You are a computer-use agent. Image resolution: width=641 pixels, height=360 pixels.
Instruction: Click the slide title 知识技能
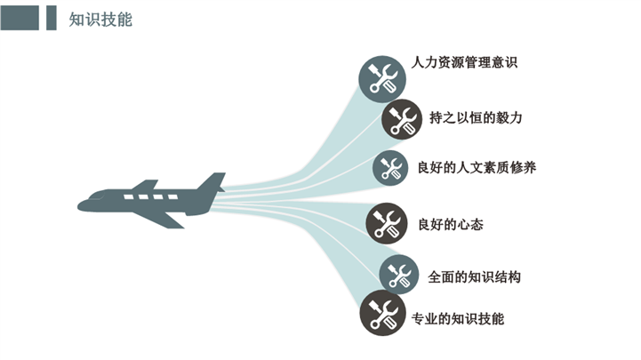(100, 19)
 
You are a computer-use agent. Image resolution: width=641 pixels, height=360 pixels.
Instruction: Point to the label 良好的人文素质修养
(477, 166)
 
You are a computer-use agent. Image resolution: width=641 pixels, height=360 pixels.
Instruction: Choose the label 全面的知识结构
(474, 276)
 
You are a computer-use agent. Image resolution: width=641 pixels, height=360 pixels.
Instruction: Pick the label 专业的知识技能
(465, 317)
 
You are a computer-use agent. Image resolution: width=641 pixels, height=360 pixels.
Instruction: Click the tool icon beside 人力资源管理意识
(382, 77)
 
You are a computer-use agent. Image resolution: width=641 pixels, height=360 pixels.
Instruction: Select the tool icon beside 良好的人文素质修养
(389, 167)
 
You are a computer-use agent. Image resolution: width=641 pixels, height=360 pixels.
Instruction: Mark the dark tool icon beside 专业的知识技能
(382, 314)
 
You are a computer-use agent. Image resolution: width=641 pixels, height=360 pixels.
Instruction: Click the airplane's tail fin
(212, 183)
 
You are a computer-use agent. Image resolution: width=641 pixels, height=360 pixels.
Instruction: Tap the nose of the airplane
(82, 205)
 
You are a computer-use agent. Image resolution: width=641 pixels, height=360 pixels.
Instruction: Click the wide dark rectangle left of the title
(20, 18)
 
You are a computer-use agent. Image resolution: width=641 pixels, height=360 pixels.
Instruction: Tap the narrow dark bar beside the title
(52, 18)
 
